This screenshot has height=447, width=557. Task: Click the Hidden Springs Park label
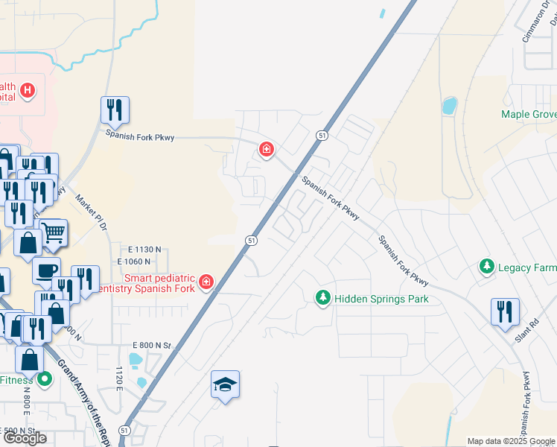(x=381, y=299)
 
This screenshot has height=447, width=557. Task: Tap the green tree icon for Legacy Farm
(x=486, y=267)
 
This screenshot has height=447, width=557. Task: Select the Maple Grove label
(x=529, y=114)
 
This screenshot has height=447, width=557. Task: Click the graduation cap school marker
(x=225, y=384)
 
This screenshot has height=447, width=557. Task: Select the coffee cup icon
(x=46, y=270)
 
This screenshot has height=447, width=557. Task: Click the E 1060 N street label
(x=134, y=261)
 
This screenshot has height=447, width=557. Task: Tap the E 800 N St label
(x=152, y=346)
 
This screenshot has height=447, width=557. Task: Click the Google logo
(x=25, y=438)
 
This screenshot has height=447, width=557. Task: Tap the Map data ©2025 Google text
(x=512, y=441)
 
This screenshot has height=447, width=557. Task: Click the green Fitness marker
(x=44, y=379)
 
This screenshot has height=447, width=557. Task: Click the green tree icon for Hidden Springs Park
(x=322, y=299)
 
